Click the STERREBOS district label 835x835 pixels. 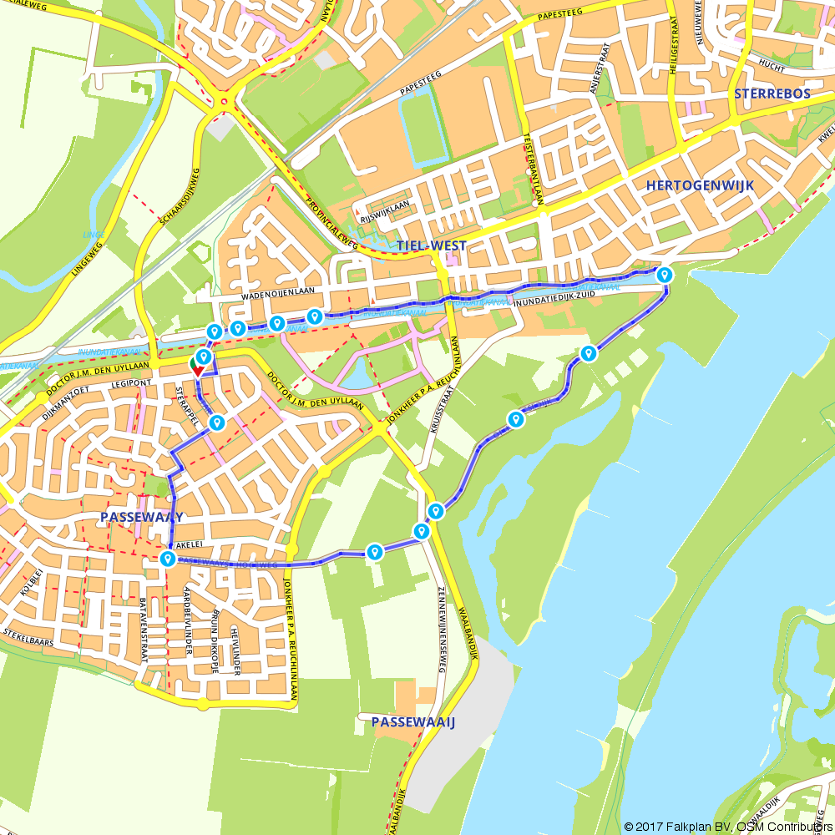pos(772,94)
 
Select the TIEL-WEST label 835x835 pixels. pos(431,245)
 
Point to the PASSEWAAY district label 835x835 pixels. pos(141,518)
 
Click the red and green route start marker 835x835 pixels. pos(197,367)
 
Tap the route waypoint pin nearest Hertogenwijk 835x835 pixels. pos(665,274)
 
